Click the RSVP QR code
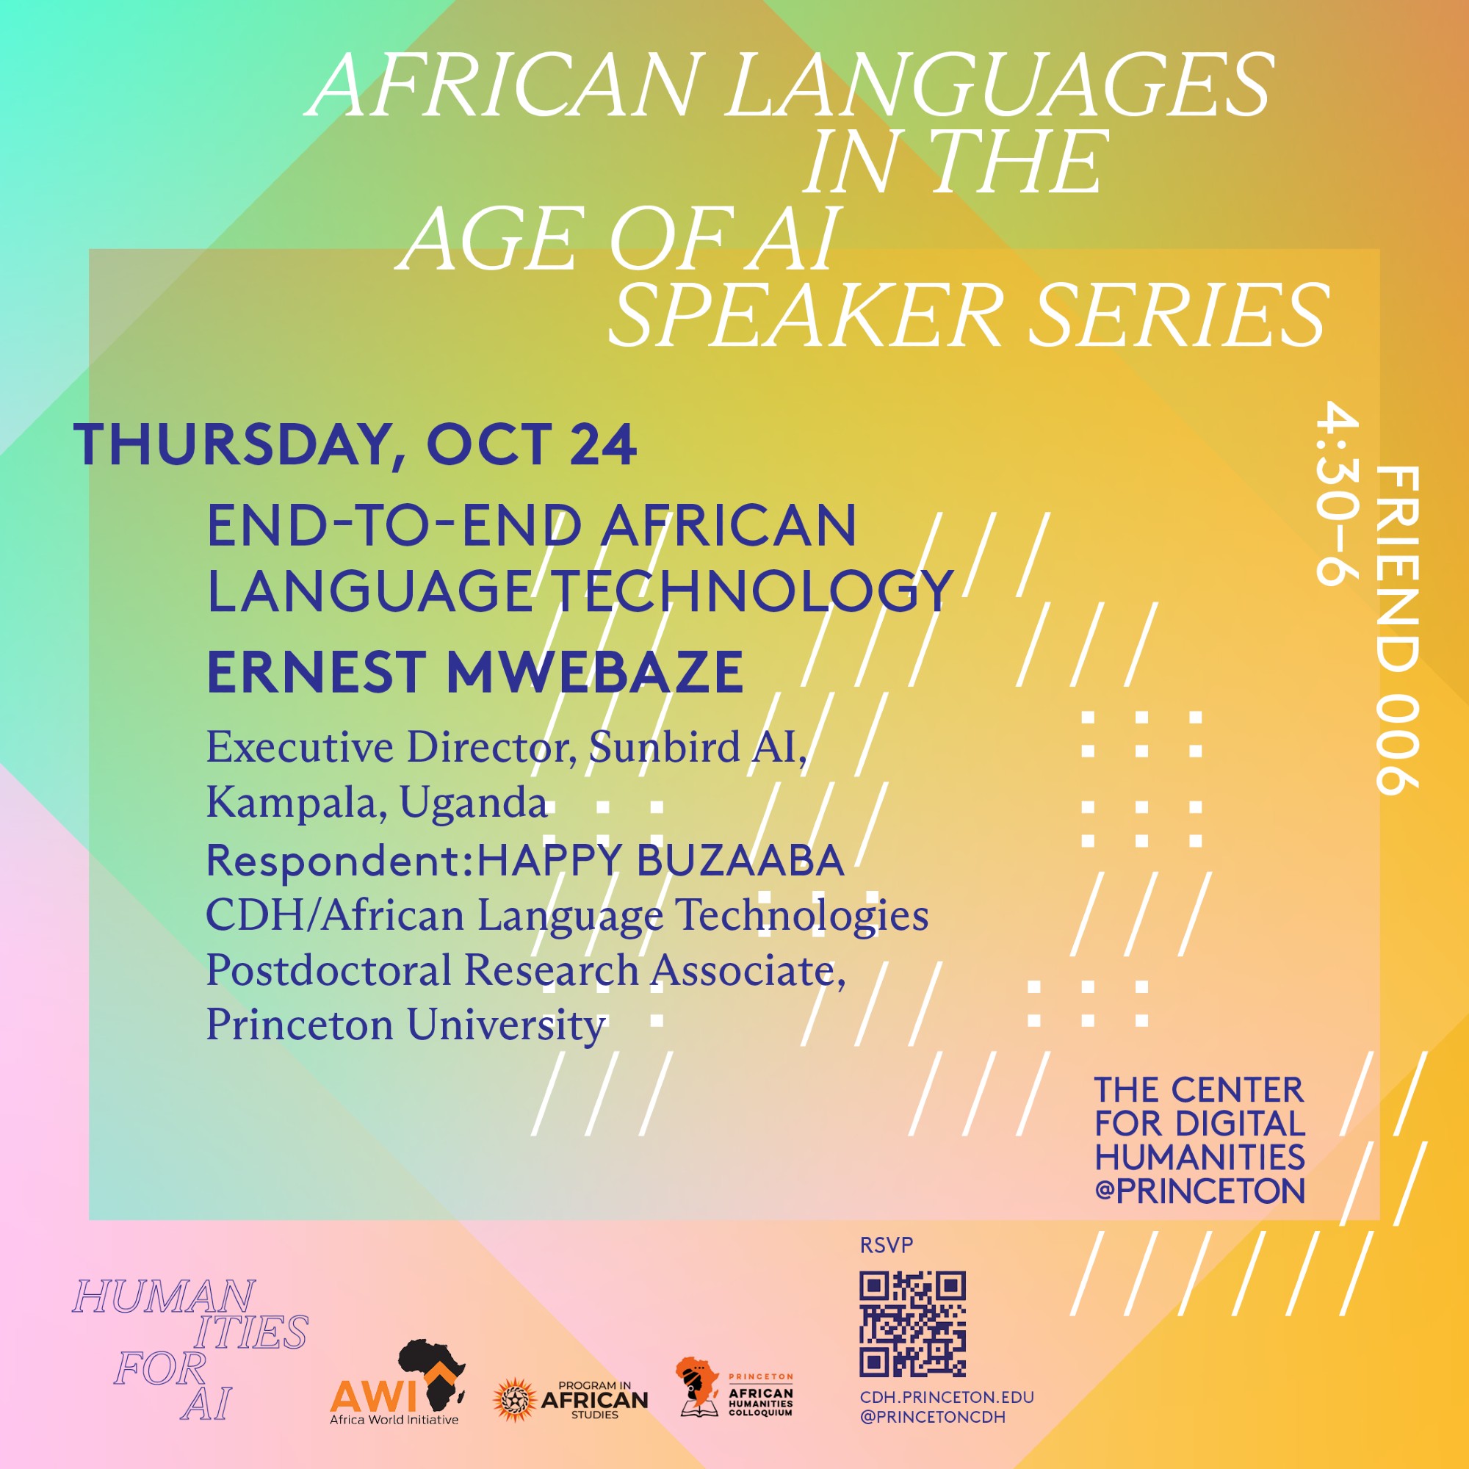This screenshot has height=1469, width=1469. point(912,1324)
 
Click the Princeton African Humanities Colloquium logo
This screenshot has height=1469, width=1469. point(734,1388)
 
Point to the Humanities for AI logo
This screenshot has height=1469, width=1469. point(190,1349)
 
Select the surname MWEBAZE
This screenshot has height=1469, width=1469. point(596,672)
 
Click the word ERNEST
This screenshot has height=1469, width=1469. point(316,672)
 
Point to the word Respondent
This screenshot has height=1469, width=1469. point(334,862)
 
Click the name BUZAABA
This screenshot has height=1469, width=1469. point(740,860)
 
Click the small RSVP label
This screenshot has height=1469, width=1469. point(886,1246)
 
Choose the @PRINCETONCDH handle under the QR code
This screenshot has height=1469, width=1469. point(933,1418)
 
